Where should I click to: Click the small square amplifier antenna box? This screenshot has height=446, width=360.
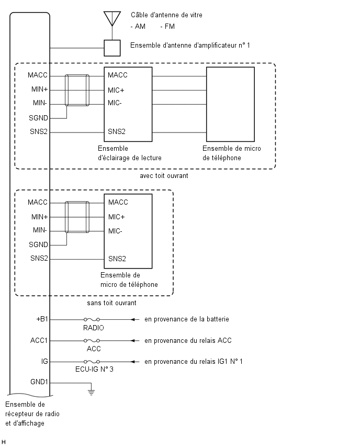(112, 48)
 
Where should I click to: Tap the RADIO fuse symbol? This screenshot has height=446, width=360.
(92, 319)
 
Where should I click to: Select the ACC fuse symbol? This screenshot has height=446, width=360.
(92, 340)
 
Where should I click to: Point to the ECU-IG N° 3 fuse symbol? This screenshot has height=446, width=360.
(92, 362)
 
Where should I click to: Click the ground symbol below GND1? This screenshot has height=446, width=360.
(91, 393)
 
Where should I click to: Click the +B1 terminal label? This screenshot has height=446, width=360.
(42, 319)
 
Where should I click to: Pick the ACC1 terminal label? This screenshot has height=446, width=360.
(39, 340)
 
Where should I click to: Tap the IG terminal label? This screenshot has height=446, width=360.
(44, 361)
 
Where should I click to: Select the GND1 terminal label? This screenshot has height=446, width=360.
(39, 382)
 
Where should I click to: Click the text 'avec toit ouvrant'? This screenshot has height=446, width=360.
(164, 176)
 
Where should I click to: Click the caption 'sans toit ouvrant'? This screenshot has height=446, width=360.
(111, 303)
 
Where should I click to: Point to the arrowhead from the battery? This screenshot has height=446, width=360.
(132, 319)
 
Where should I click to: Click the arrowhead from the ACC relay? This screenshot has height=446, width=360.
(132, 340)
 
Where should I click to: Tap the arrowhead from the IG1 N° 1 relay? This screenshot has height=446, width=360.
(132, 362)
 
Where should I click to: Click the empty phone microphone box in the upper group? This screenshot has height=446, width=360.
(230, 104)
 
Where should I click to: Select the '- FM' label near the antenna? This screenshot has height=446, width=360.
(167, 27)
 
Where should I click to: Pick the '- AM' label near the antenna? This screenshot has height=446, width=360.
(138, 27)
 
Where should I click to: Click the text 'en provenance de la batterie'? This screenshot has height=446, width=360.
(186, 319)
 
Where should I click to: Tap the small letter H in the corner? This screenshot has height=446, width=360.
(4, 442)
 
